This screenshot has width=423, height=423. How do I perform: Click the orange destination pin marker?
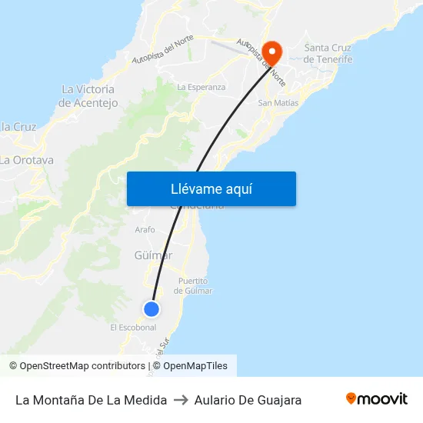tap(272, 52)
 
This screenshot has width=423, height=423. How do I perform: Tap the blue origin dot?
tap(152, 308)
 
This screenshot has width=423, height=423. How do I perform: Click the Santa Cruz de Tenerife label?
tap(328, 54)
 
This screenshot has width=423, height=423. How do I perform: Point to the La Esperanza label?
tap(202, 87)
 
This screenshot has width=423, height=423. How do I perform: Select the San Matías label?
tap(278, 102)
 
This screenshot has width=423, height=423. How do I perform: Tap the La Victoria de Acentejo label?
tap(88, 96)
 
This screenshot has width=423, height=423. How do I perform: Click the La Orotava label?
tap(27, 160)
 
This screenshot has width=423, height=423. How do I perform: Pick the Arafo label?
tap(145, 229)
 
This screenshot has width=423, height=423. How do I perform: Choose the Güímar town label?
tap(153, 255)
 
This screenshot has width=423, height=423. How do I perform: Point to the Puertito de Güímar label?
tap(194, 286)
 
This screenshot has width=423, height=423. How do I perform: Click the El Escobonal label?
tap(133, 327)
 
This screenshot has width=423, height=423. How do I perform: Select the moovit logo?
tap(377, 399)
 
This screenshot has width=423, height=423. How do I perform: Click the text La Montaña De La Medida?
tap(91, 400)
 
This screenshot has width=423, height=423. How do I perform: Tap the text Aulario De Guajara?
tap(248, 400)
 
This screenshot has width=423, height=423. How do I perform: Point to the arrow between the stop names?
tap(181, 400)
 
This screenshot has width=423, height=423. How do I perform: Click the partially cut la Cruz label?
tap(18, 127)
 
